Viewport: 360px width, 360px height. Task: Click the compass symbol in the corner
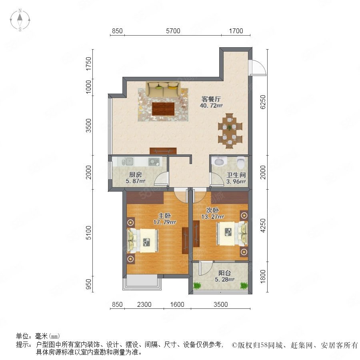pyautogui.click(x=20, y=20)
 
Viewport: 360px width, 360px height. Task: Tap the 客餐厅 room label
pyautogui.click(x=211, y=99)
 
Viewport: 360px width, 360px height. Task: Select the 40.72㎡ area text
pyautogui.click(x=211, y=106)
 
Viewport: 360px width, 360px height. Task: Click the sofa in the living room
pyautogui.click(x=163, y=89)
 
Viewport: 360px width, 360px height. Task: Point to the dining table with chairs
pyautogui.click(x=230, y=131)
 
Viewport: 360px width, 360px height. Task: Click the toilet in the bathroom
pyautogui.click(x=241, y=162)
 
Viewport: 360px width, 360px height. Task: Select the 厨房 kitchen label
pyautogui.click(x=136, y=175)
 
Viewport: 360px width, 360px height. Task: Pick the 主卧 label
pyautogui.click(x=165, y=216)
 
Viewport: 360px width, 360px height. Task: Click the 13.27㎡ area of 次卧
pyautogui.click(x=213, y=216)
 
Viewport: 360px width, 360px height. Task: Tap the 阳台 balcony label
pyautogui.click(x=224, y=273)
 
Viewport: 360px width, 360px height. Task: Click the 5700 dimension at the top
pyautogui.click(x=173, y=31)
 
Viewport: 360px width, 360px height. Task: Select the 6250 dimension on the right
pyautogui.click(x=263, y=102)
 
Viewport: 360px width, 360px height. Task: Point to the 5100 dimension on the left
pyautogui.click(x=88, y=232)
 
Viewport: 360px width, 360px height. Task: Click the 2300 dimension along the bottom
pyautogui.click(x=144, y=304)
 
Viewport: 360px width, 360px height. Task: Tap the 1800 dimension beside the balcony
pyautogui.click(x=263, y=276)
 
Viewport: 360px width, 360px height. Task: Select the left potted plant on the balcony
pyautogui.click(x=197, y=285)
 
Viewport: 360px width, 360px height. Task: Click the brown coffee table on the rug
pyautogui.click(x=163, y=109)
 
